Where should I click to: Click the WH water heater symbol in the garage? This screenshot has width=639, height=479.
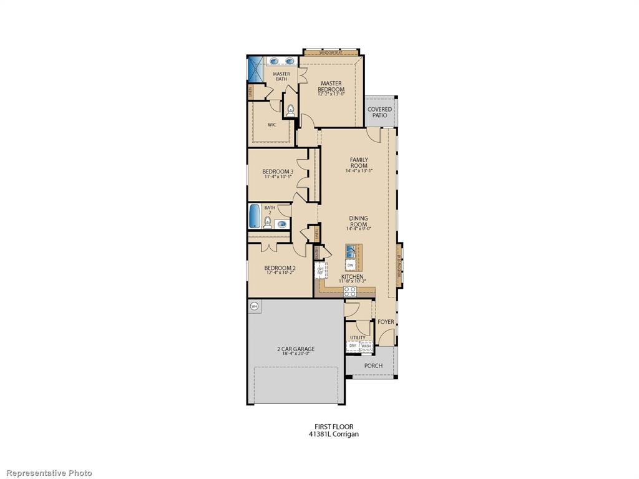click(254, 306)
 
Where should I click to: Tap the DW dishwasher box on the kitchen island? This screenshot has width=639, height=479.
click(350, 265)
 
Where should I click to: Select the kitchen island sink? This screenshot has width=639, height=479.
click(351, 251)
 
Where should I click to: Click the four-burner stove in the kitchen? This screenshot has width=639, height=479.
click(349, 290)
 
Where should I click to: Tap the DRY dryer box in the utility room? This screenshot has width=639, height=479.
click(353, 346)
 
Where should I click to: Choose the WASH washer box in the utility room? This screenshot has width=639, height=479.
click(366, 346)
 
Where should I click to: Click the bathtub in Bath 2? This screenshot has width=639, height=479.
click(255, 216)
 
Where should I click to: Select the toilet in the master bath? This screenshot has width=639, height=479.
click(290, 110)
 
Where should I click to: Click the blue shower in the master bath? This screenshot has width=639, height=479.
click(256, 69)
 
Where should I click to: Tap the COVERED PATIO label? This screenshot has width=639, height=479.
click(379, 112)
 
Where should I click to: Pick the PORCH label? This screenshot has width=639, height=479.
click(373, 365)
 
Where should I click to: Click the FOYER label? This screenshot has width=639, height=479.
click(386, 322)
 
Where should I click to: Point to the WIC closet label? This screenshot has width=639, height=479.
click(272, 125)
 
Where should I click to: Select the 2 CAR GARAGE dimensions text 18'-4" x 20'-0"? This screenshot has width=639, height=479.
click(296, 354)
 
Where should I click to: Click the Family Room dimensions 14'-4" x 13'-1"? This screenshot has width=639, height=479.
click(358, 171)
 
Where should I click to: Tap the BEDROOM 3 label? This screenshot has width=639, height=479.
click(278, 172)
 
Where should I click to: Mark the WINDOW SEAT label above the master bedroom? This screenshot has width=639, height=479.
click(331, 53)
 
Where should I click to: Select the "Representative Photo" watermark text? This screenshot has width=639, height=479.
click(46, 473)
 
